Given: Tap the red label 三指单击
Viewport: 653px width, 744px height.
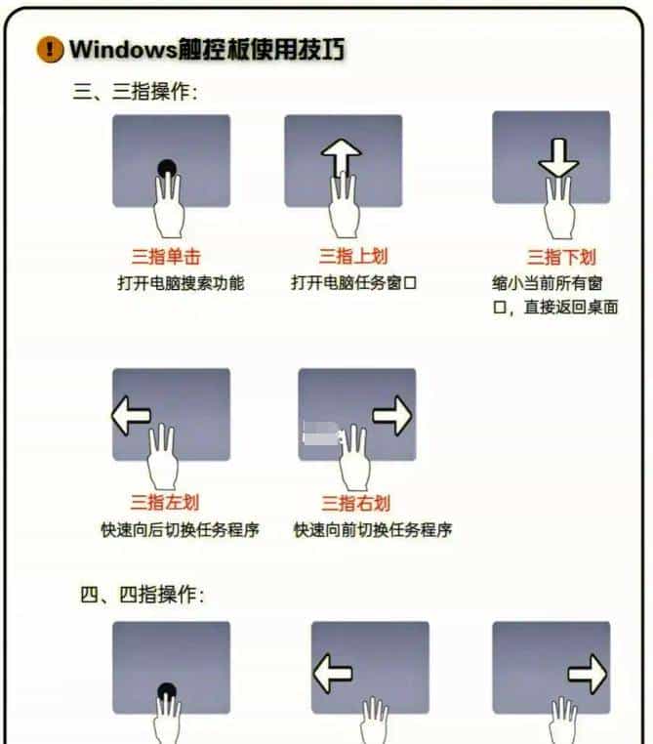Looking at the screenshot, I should point(166,257).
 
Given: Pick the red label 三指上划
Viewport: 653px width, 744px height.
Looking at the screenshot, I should point(352,257).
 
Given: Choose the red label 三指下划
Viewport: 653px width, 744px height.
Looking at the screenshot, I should point(561,257).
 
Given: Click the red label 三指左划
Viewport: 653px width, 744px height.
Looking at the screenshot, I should point(164,503).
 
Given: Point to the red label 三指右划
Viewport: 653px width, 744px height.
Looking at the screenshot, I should point(356,503).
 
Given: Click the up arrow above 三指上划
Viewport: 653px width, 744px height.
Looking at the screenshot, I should point(342,156).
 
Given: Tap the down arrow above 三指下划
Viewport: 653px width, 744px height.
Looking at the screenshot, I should point(558,159).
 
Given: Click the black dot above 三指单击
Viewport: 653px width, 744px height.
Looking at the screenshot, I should point(168,167).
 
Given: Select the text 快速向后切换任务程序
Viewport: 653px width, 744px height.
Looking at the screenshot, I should point(180,531).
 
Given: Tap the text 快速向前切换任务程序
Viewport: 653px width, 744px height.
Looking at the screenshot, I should point(372,531).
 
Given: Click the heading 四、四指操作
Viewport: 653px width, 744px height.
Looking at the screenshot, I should point(142,595).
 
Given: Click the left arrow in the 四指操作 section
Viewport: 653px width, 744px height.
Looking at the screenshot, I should point(332,673).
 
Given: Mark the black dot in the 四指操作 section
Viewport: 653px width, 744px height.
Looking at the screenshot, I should point(168,691).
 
